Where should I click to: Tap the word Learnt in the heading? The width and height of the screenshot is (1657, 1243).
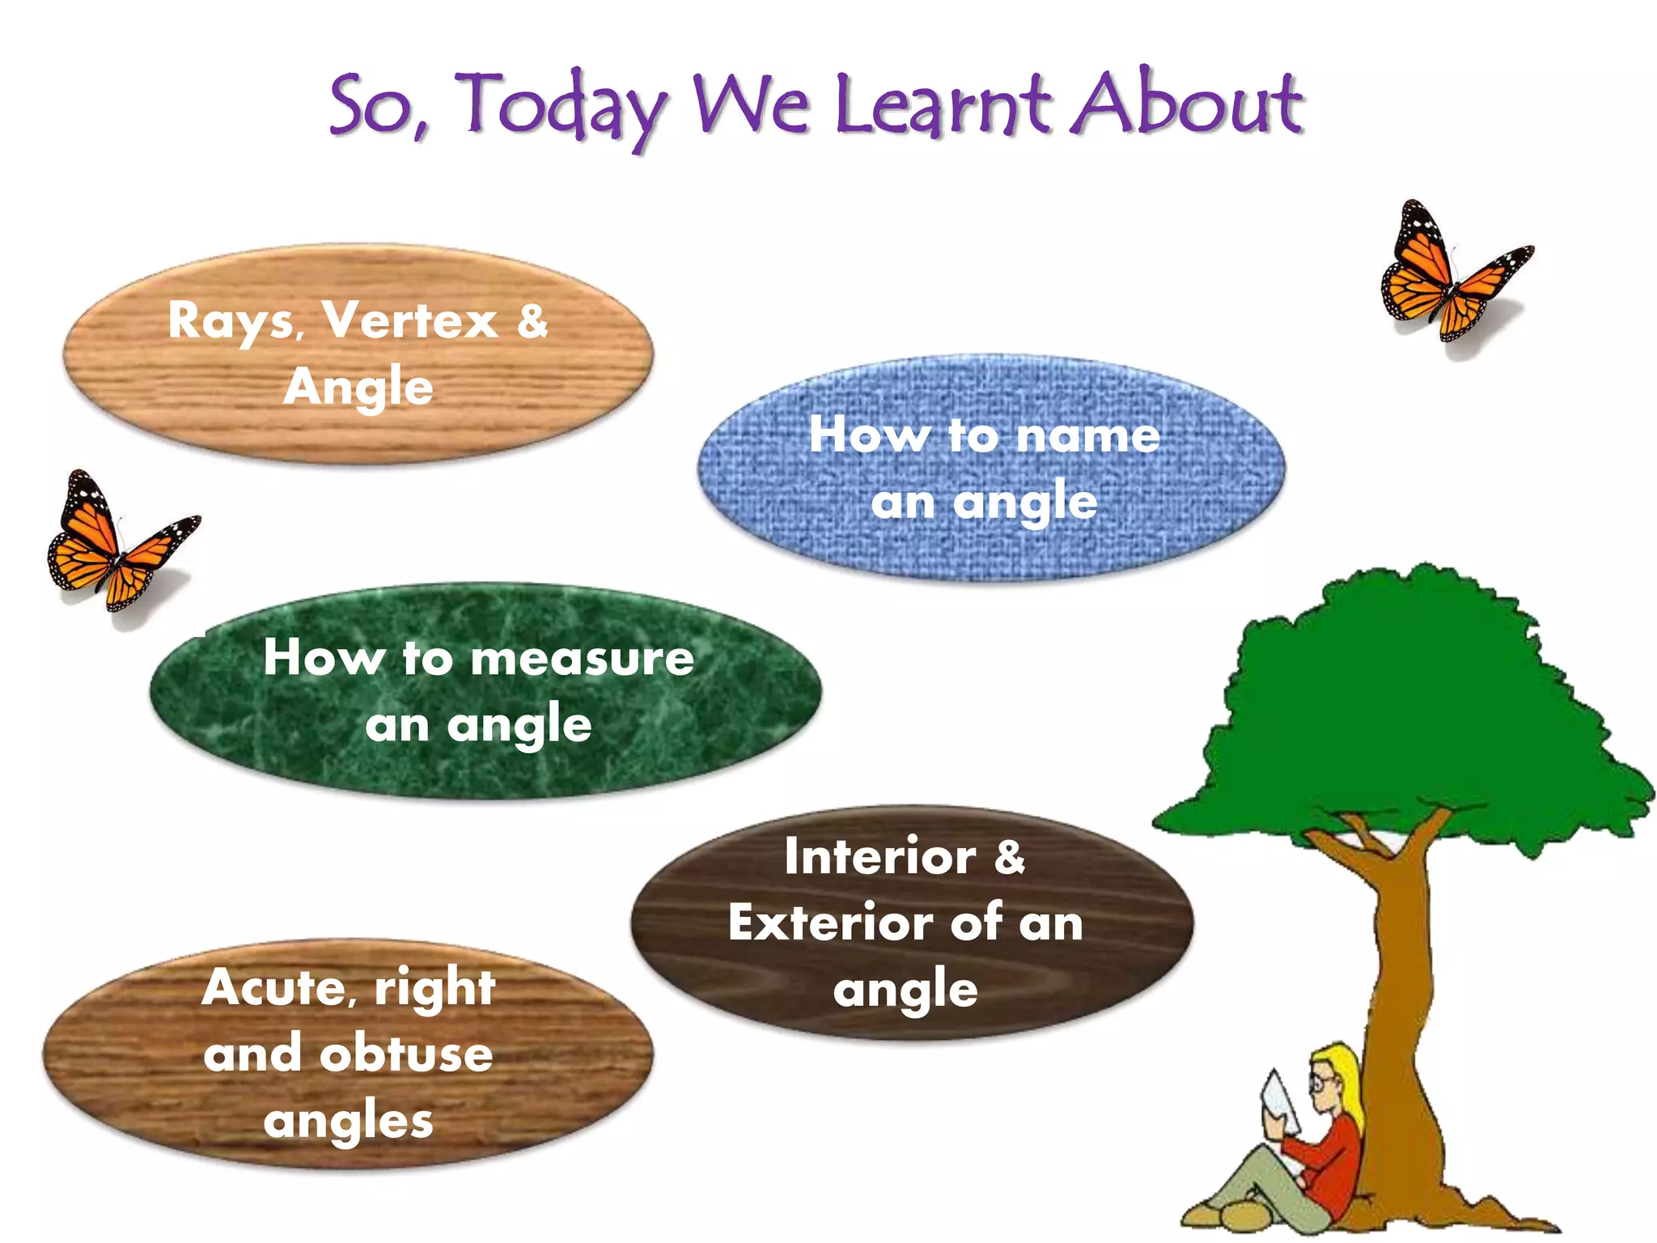[x=943, y=105]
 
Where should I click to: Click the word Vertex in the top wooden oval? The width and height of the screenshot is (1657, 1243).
[x=410, y=320]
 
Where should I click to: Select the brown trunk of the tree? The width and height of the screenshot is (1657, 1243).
[x=1404, y=1012]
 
